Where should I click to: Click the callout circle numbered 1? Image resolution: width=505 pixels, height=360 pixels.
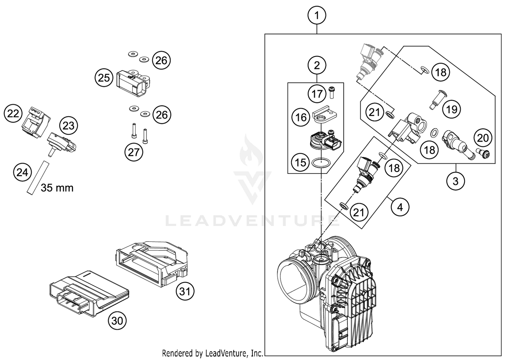click(317, 15)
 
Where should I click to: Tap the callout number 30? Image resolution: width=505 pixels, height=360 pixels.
click(117, 321)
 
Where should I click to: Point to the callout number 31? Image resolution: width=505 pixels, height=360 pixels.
click(185, 291)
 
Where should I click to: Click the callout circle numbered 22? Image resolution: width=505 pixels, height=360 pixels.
click(13, 113)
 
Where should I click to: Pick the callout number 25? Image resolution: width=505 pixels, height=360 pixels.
click(104, 78)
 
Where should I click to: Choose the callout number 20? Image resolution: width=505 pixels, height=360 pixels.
click(483, 138)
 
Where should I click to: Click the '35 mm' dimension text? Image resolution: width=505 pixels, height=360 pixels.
click(57, 188)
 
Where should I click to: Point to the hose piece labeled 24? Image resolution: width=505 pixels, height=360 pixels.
click(38, 178)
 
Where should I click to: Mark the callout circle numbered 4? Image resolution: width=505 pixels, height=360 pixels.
click(400, 207)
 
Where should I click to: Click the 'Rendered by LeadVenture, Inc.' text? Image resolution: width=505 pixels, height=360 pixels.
click(212, 353)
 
